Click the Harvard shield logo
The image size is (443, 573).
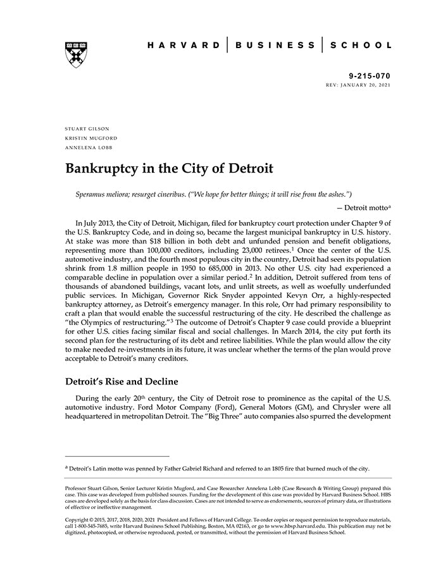pyautogui.click(x=75, y=55)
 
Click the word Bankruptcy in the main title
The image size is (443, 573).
pyautogui.click(x=104, y=169)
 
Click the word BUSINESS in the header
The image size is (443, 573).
pyautogui.click(x=275, y=46)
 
